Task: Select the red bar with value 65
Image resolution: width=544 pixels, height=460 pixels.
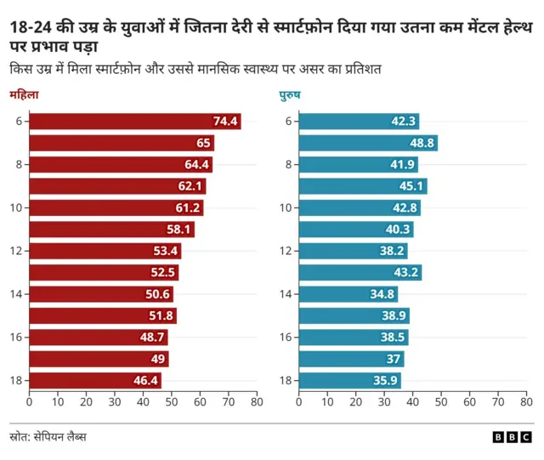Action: click(x=122, y=143)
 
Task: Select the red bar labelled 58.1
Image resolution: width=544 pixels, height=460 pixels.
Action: click(x=111, y=230)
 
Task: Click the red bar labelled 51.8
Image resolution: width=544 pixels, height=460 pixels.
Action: click(x=103, y=316)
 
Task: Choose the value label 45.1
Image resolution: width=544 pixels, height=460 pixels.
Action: click(x=411, y=186)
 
